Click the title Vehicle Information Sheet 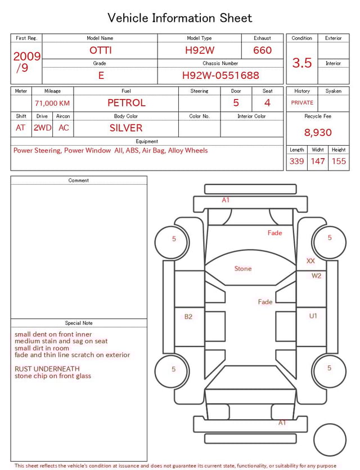tap(180, 18)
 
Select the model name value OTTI tap(101, 50)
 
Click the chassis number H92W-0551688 tap(220, 75)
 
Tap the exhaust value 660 tap(262, 50)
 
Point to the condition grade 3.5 tap(302, 62)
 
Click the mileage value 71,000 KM tap(52, 104)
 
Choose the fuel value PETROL tap(127, 103)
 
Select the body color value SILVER tap(126, 128)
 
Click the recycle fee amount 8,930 tap(318, 132)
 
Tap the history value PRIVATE tap(302, 103)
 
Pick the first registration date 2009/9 tap(26, 62)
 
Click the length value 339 tap(296, 161)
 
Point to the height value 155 tap(339, 161)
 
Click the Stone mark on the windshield tap(243, 268)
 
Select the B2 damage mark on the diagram tap(188, 317)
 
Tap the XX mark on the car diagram tap(310, 261)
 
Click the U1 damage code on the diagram tap(313, 316)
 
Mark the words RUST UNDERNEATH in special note tap(47, 369)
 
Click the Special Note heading tap(79, 323)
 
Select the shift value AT tap(21, 128)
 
